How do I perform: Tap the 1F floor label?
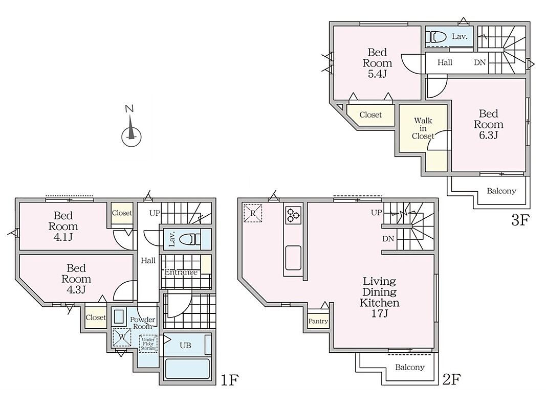click(230, 379)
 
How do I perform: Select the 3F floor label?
click(520, 220)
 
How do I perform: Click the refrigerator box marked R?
click(253, 213)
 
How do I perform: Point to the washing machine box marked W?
click(122, 337)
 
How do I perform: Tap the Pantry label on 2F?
click(318, 322)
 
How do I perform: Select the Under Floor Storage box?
click(148, 344)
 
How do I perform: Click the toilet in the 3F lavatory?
click(438, 36)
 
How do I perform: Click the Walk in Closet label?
click(423, 128)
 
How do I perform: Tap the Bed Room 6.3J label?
click(488, 124)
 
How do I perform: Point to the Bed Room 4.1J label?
click(63, 226)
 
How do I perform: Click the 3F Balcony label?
click(501, 191)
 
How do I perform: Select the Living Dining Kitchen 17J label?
click(379, 297)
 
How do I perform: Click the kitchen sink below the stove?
click(294, 258)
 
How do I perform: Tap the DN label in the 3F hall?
click(479, 62)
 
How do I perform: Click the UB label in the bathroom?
click(185, 346)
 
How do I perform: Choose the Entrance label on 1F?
click(181, 272)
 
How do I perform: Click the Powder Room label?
click(143, 323)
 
